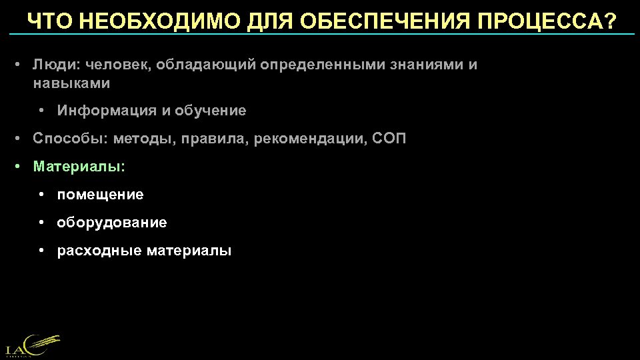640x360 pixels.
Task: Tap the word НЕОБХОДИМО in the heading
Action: click(158, 21)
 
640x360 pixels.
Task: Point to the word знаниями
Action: click(426, 65)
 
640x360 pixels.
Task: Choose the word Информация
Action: click(107, 111)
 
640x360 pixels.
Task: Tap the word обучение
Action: click(211, 111)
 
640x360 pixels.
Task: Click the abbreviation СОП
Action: click(388, 139)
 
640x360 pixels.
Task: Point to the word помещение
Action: click(100, 195)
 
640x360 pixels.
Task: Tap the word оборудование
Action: click(112, 223)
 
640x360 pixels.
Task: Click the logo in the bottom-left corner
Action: click(32, 345)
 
